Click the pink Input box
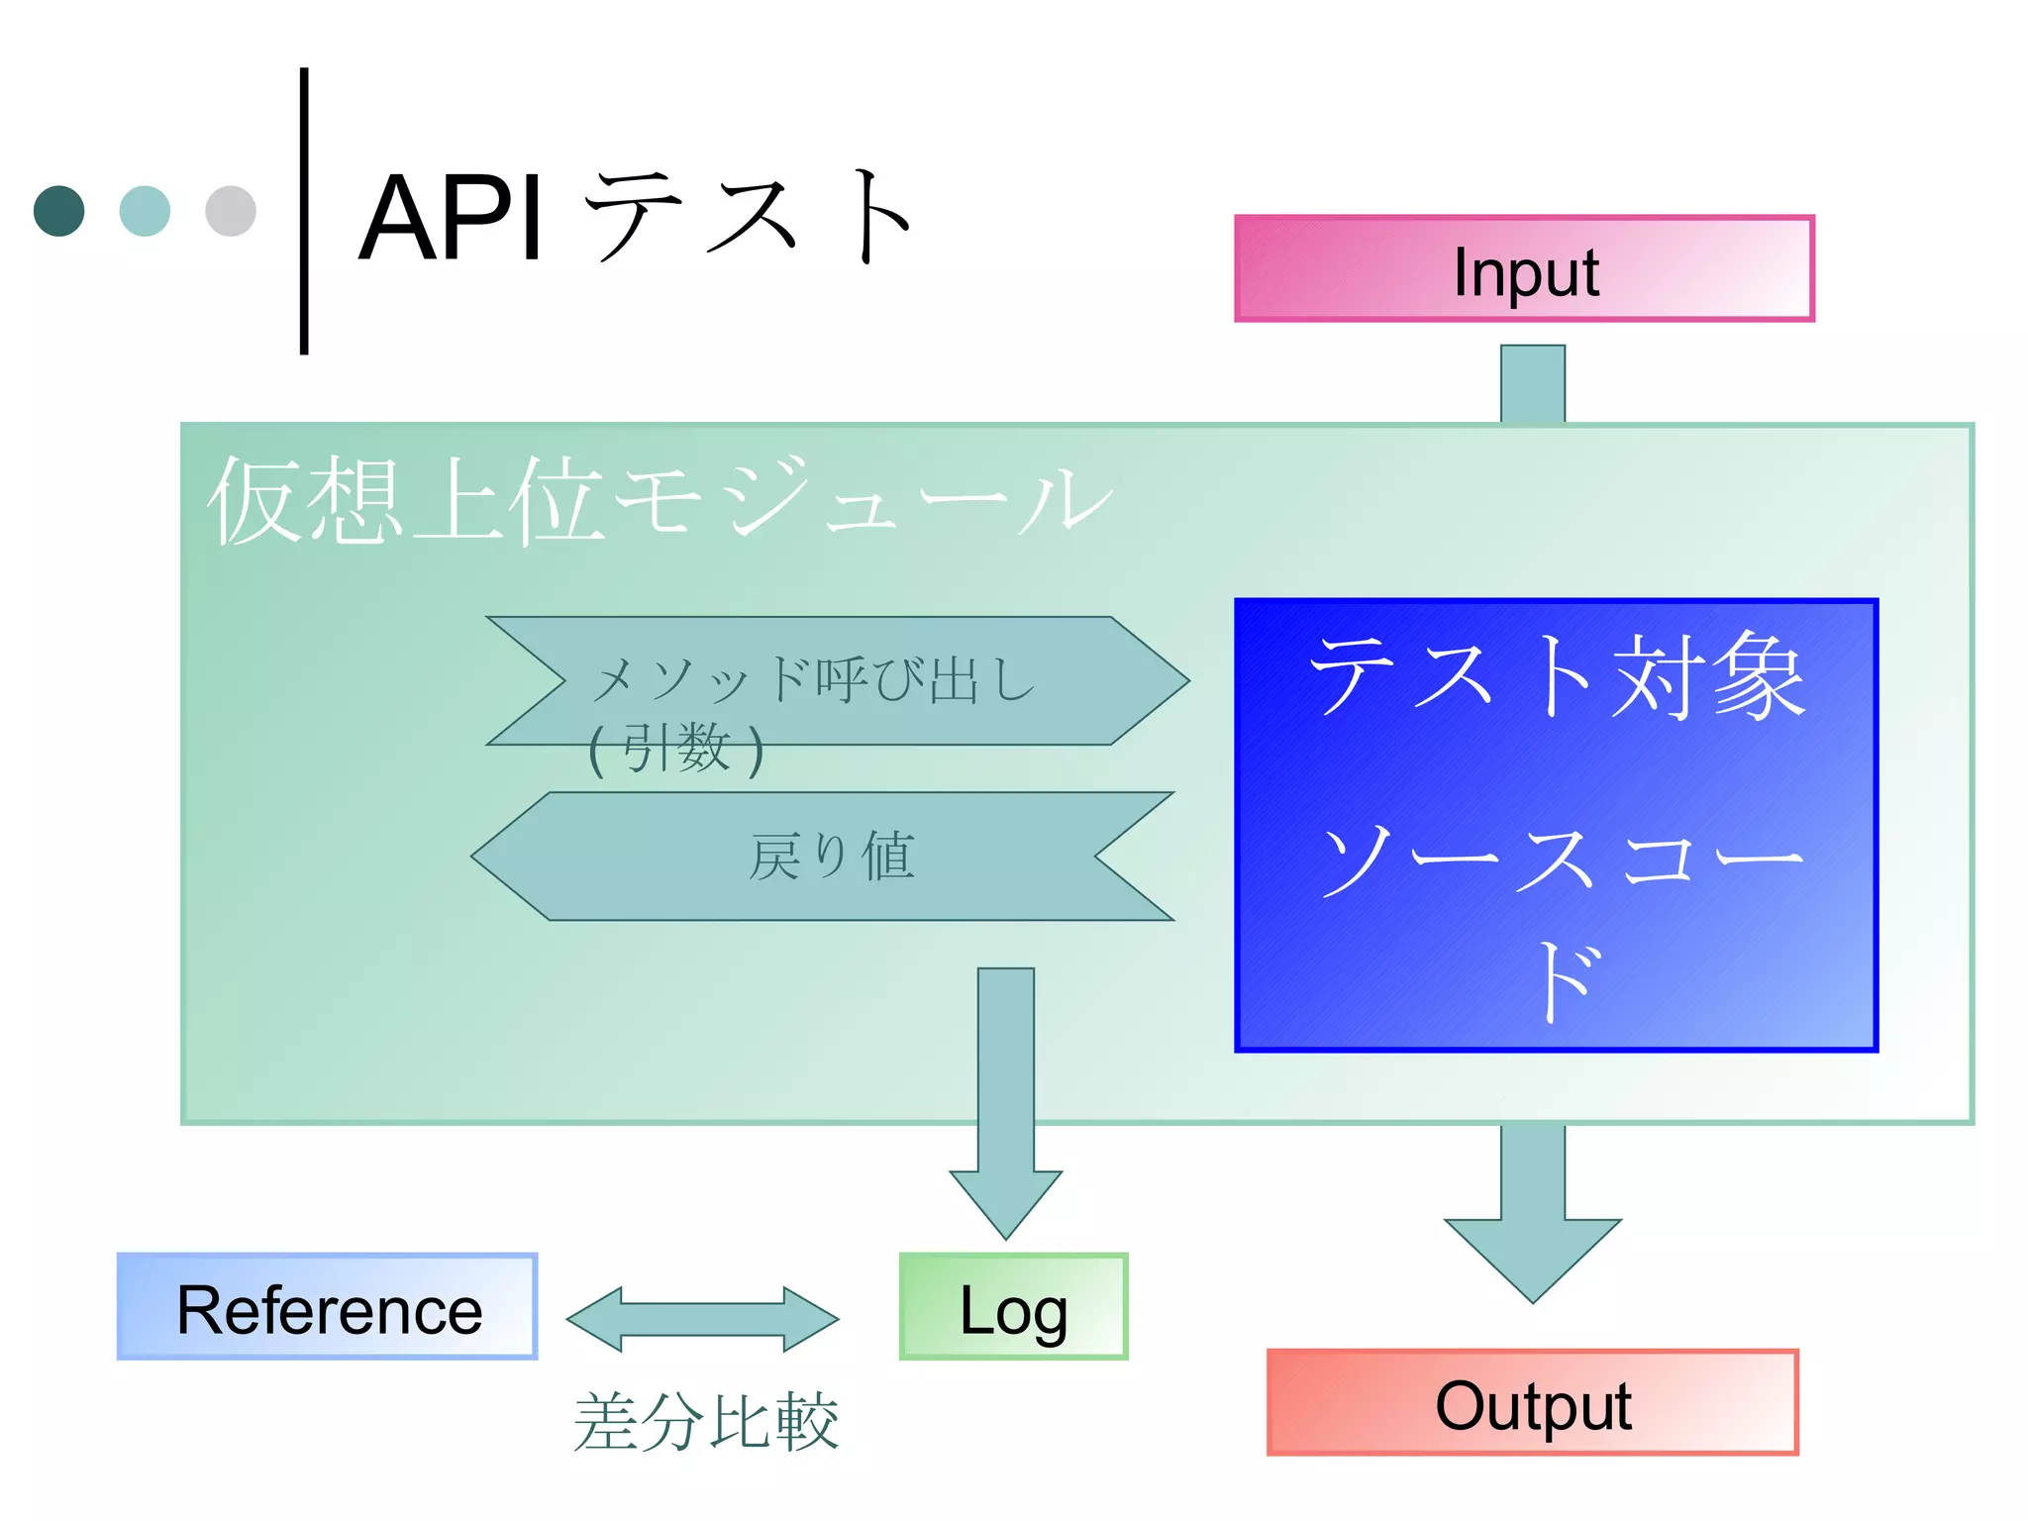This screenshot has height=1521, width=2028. click(x=1523, y=268)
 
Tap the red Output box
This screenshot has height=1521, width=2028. click(x=1531, y=1402)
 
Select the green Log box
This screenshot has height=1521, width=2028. click(x=1012, y=1306)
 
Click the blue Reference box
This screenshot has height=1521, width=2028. click(x=327, y=1306)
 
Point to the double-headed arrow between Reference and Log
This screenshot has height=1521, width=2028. click(x=702, y=1319)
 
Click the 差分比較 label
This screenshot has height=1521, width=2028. click(x=705, y=1421)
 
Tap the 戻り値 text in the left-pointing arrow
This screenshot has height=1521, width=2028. click(x=832, y=857)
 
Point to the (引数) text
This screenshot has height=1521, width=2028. click(x=676, y=749)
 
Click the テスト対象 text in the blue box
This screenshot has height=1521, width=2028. click(x=1556, y=676)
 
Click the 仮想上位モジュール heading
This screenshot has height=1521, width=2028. click(x=659, y=501)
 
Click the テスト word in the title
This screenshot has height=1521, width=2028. click(x=748, y=218)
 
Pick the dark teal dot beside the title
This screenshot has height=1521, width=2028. click(x=58, y=211)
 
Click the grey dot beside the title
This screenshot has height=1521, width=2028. click(x=231, y=211)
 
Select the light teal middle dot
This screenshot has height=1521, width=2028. click(x=145, y=211)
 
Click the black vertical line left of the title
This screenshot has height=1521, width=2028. click(x=304, y=211)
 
